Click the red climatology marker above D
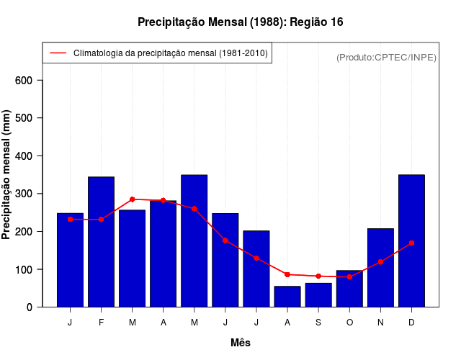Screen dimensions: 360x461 pos(411,243)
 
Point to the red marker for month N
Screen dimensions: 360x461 pos(380,262)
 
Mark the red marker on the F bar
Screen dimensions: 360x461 pos(102,219)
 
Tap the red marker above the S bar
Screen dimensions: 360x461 pos(318,276)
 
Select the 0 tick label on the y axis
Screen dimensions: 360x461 pos(30,307)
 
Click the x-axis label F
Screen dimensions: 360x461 pos(102,323)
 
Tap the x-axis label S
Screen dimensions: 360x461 pos(318,323)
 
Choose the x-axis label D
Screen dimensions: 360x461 pos(411,323)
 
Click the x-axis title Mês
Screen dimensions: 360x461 pos(241,343)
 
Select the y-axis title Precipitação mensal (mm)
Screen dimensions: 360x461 pos(7,175)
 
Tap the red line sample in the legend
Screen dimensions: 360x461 pos(58,53)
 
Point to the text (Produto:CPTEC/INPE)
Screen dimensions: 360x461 pos(386,58)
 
